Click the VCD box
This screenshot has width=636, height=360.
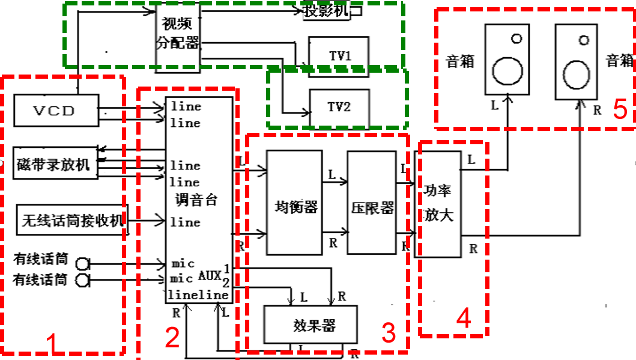point(56,111)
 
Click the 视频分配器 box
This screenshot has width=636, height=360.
point(178,34)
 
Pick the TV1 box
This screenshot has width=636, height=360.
point(339,55)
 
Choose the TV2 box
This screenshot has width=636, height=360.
point(339,108)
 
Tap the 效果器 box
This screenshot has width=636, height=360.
point(310,326)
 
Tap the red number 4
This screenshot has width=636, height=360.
point(462,319)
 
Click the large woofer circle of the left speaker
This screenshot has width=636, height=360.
point(507,71)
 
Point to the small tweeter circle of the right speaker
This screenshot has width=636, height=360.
point(583,41)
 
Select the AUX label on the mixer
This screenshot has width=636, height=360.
point(209,276)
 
